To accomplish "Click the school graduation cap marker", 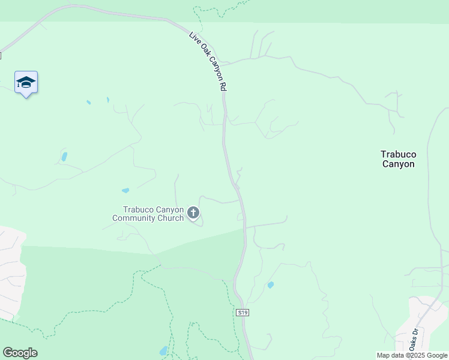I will click(26, 82).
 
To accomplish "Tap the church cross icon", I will click(193, 212).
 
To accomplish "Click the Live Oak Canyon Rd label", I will click(208, 61).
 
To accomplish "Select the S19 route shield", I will click(242, 313).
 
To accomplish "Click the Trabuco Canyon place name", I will click(398, 159).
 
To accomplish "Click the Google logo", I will click(20, 353).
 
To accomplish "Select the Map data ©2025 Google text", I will click(412, 355).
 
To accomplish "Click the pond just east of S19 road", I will click(271, 285).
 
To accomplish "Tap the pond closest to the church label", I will click(125, 191).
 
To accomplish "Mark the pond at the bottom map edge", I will click(164, 351).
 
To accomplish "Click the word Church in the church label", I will click(170, 218).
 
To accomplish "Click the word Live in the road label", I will click(194, 37).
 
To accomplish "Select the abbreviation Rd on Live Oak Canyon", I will click(223, 86).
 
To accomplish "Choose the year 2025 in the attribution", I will click(416, 355).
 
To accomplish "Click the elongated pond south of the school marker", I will click(64, 157).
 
